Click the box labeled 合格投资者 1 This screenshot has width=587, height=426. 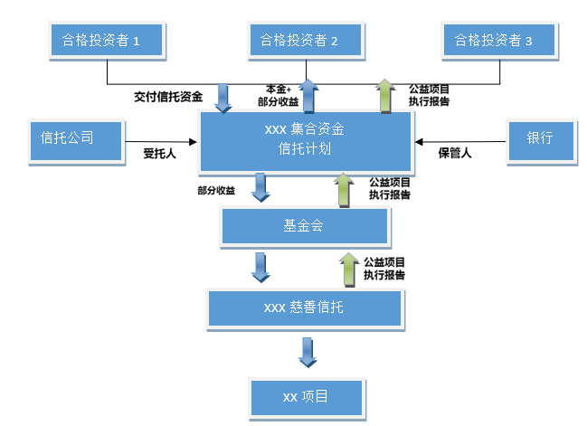pos(107,40)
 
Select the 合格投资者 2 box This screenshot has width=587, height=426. pos(304,40)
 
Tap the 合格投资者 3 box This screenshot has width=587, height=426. pos(499,40)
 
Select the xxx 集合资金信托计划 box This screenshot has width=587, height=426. pos(306,140)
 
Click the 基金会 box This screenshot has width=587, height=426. pos(304,227)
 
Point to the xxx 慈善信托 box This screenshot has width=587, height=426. pos(304,308)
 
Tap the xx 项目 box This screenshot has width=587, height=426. pos(306,398)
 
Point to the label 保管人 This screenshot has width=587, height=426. pos(455,154)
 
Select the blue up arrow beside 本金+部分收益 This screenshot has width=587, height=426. pos(309,94)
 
